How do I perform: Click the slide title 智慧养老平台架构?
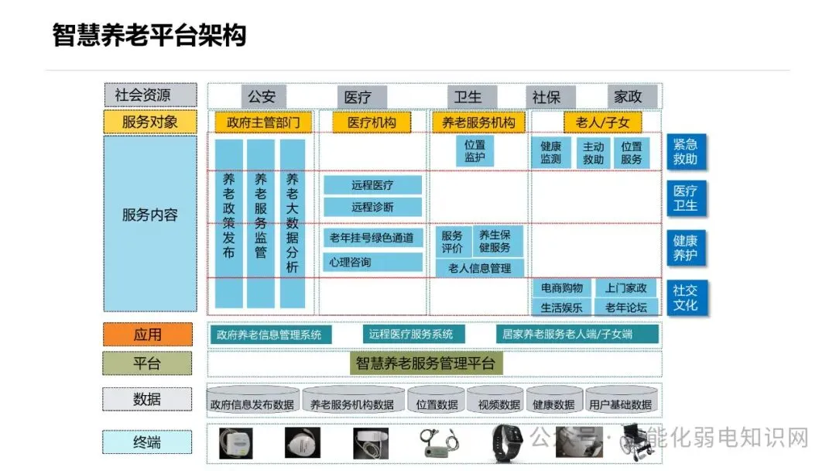(x=149, y=35)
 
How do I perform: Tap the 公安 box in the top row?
(x=262, y=97)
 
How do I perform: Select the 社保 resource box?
(x=546, y=97)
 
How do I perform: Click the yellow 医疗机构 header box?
(x=372, y=122)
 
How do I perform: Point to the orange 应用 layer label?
(x=148, y=335)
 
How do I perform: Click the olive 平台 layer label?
(x=148, y=363)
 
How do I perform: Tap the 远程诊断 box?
(x=372, y=207)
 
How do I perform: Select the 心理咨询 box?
(x=372, y=262)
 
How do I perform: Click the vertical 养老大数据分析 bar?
(x=292, y=223)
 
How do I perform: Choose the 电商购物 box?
(x=562, y=288)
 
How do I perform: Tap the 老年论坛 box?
(x=626, y=308)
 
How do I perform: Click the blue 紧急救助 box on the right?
(x=686, y=152)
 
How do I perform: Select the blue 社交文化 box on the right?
(x=686, y=297)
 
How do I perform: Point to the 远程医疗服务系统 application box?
(x=410, y=335)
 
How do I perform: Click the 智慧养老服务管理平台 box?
(x=428, y=363)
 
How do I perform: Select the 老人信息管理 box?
(x=479, y=268)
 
